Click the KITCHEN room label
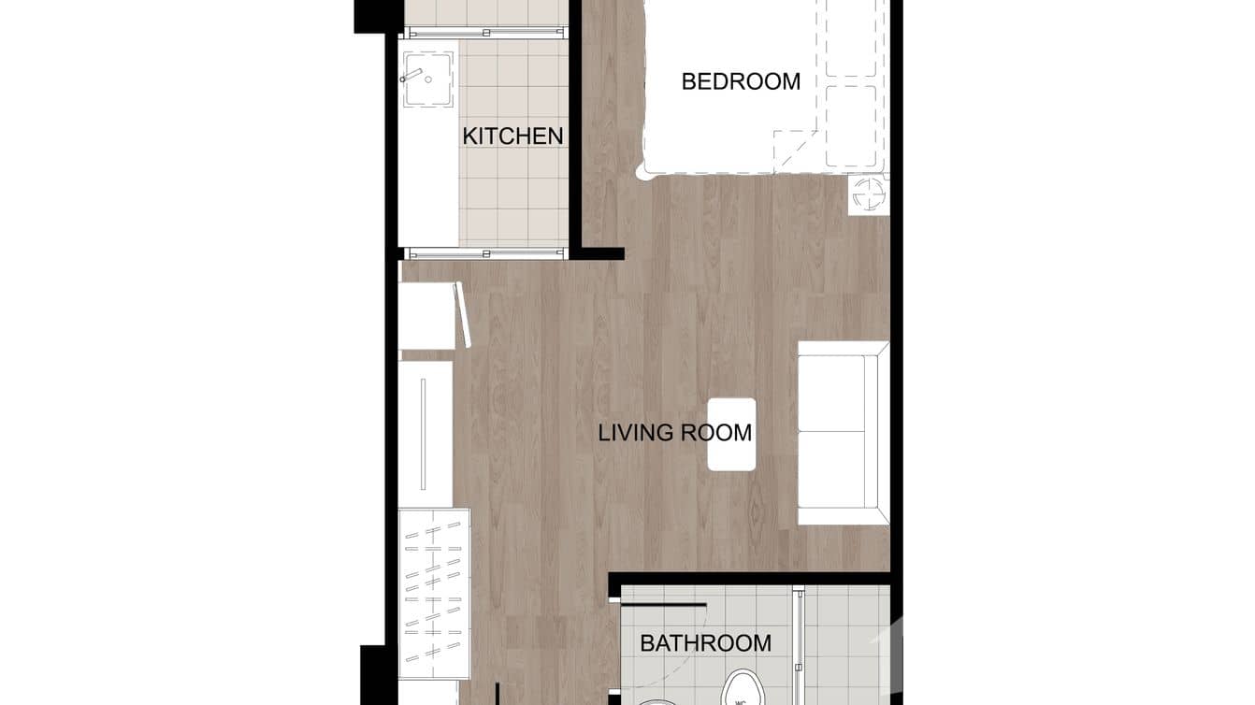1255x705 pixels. [x=512, y=136]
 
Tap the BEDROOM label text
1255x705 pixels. [x=741, y=81]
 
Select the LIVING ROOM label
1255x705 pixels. [x=674, y=433]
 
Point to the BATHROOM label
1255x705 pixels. [x=705, y=643]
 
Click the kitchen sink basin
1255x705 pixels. [x=427, y=78]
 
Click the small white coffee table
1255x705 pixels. [x=731, y=434]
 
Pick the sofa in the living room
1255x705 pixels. [x=842, y=433]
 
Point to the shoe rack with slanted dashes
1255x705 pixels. [x=433, y=593]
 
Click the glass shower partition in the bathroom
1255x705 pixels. [x=798, y=645]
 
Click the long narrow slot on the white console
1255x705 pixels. [x=423, y=434]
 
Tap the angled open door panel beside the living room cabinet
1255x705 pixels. [x=460, y=315]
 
